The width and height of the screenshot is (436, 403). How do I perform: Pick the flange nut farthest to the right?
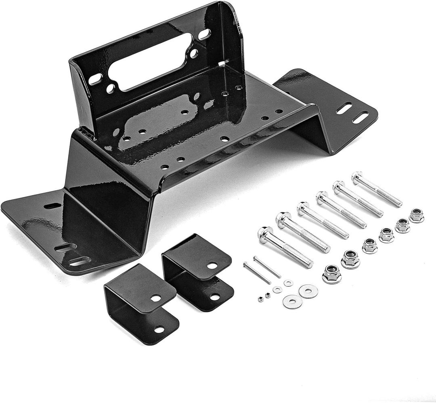click(416, 215)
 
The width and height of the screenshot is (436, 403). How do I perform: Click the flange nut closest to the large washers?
click(331, 274)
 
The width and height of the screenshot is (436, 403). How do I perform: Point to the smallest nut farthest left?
click(260, 299)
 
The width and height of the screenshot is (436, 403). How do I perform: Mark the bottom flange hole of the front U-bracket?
click(159, 330)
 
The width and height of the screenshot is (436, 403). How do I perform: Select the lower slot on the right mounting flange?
click(360, 118)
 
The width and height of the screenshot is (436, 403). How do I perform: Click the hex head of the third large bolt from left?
click(304, 208)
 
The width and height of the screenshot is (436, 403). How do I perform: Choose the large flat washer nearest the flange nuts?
click(308, 290)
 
